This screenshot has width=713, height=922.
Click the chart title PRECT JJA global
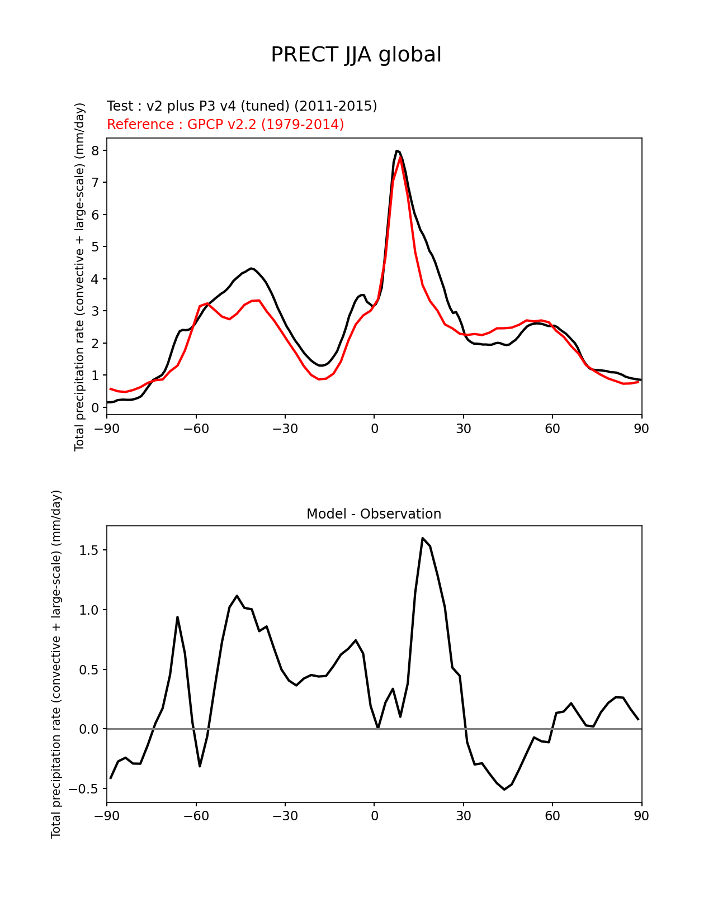click(356, 55)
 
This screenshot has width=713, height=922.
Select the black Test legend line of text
click(242, 106)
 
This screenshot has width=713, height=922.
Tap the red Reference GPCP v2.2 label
click(225, 125)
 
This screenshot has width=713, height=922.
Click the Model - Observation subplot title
click(374, 514)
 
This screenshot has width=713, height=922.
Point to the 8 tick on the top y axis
click(96, 151)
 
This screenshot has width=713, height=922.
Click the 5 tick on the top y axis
click(96, 247)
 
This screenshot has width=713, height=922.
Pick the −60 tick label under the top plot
click(196, 429)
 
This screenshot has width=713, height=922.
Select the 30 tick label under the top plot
click(463, 429)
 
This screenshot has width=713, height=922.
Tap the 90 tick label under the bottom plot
click(641, 816)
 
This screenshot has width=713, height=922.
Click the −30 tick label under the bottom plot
click(285, 816)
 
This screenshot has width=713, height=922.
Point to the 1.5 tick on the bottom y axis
click(88, 550)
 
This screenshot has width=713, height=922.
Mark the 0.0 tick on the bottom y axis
click(88, 729)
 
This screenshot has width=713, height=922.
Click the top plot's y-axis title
click(80, 277)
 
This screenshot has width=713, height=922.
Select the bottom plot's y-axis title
click(56, 664)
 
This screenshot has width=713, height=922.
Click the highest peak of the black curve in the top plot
click(396, 151)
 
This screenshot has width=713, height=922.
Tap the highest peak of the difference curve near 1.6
click(423, 538)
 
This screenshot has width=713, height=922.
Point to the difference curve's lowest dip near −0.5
click(504, 790)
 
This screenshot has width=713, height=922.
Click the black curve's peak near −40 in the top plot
click(252, 268)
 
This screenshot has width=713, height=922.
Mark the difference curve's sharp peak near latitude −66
click(177, 617)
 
